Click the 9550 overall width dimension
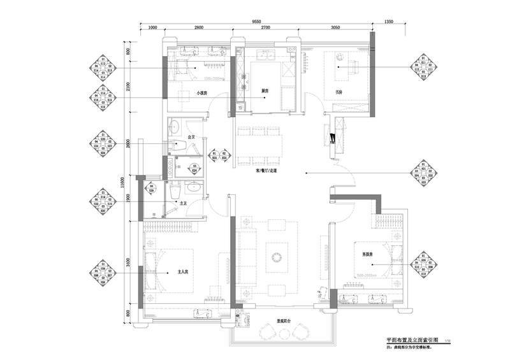tap(256, 21)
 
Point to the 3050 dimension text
tap(335, 28)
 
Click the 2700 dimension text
tap(266, 28)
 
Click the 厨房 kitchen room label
tap(264, 91)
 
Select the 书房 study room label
tap(339, 92)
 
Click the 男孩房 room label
tap(367, 255)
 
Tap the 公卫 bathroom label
tap(191, 137)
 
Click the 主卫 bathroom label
tap(184, 203)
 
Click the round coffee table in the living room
tap(277, 256)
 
